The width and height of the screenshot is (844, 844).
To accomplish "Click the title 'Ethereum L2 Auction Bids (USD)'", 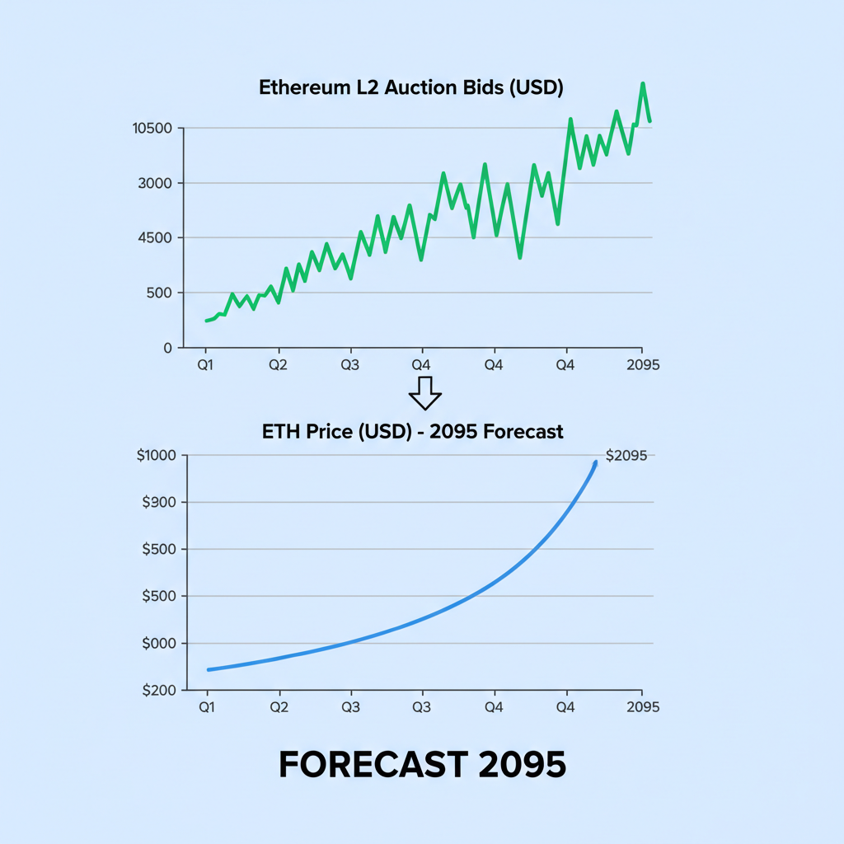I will pyautogui.click(x=410, y=88).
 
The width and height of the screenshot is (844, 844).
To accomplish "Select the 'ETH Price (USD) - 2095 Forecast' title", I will pyautogui.click(x=412, y=431).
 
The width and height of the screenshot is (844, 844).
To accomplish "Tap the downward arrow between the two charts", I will pyautogui.click(x=425, y=393).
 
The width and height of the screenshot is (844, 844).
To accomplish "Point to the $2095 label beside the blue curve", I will pyautogui.click(x=626, y=456).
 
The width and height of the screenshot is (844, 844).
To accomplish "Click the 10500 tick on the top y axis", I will pyautogui.click(x=152, y=129).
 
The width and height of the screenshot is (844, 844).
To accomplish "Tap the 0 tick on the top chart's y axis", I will pyautogui.click(x=168, y=348).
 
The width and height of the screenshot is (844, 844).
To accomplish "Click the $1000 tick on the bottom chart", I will pyautogui.click(x=157, y=456).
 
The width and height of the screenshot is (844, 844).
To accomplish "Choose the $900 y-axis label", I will pyautogui.click(x=159, y=503).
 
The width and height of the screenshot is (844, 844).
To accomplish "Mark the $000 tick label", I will pyautogui.click(x=159, y=644).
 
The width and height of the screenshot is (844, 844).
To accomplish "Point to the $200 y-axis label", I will pyautogui.click(x=159, y=691).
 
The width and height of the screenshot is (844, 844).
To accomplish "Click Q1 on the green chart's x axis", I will pyautogui.click(x=206, y=363).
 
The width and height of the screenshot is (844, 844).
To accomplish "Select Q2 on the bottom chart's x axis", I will pyautogui.click(x=279, y=706).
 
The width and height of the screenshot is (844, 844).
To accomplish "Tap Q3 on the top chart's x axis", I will pyautogui.click(x=350, y=363).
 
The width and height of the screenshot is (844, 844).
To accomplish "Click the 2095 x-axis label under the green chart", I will pyautogui.click(x=642, y=363).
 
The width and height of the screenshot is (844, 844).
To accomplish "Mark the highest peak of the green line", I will pyautogui.click(x=643, y=84).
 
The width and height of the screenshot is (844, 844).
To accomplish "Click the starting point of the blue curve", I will pyautogui.click(x=209, y=669).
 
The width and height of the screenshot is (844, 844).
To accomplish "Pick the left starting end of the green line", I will pyautogui.click(x=206, y=321).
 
